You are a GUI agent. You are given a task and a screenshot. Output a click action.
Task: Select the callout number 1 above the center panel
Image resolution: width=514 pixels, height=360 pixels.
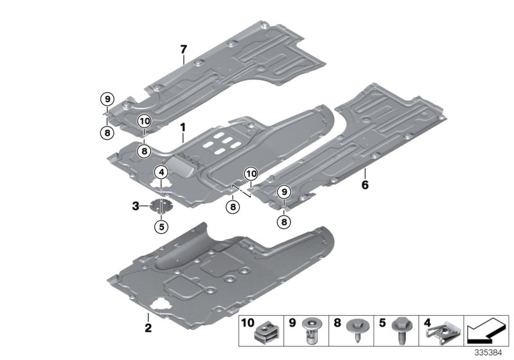pos(182,128)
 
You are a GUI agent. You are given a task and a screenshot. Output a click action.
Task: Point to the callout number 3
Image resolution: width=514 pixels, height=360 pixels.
pos(136,206)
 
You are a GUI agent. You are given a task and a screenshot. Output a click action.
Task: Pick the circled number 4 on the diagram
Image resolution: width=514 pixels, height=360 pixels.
pos(161,172)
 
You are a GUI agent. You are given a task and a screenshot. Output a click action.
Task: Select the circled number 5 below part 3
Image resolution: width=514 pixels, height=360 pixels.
pos(161,226)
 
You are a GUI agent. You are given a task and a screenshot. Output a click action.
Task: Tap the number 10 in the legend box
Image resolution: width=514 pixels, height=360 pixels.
pos(247,321)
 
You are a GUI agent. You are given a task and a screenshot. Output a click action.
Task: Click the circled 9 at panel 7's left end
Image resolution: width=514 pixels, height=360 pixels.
pos(106,99)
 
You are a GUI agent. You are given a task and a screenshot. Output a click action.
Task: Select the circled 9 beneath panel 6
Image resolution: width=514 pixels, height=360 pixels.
pos(282,191)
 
